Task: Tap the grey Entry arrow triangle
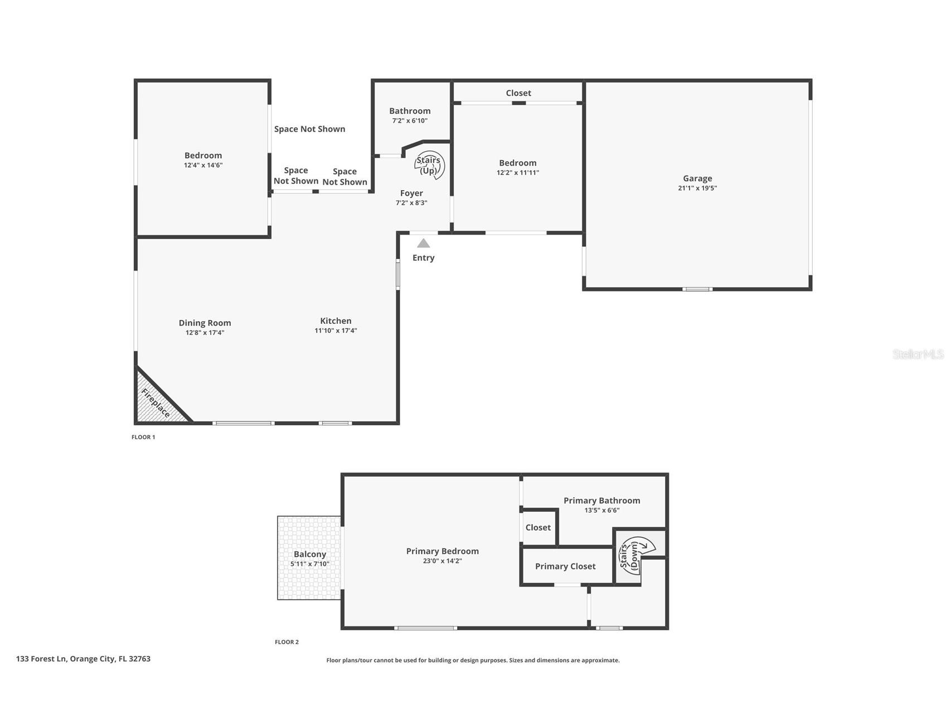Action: click(x=424, y=244)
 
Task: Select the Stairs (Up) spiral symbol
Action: click(x=430, y=165)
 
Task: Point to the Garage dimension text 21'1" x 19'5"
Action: click(x=697, y=188)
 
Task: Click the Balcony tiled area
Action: click(x=309, y=557)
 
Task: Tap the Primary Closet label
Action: click(x=565, y=566)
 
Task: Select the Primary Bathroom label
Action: click(x=601, y=501)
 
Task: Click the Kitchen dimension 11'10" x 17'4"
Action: click(x=336, y=331)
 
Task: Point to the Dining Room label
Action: click(x=205, y=323)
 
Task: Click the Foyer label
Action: click(x=411, y=193)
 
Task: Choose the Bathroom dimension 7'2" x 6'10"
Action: click(x=410, y=121)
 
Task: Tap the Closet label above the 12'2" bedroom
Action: click(x=518, y=93)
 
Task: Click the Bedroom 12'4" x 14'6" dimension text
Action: click(x=203, y=166)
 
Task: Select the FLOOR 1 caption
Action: click(x=143, y=437)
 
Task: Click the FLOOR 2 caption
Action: click(x=287, y=642)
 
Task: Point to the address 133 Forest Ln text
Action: click(x=83, y=659)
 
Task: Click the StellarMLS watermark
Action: click(x=918, y=354)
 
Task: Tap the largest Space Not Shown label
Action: click(x=309, y=129)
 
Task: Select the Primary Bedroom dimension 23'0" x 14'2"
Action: click(x=442, y=561)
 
